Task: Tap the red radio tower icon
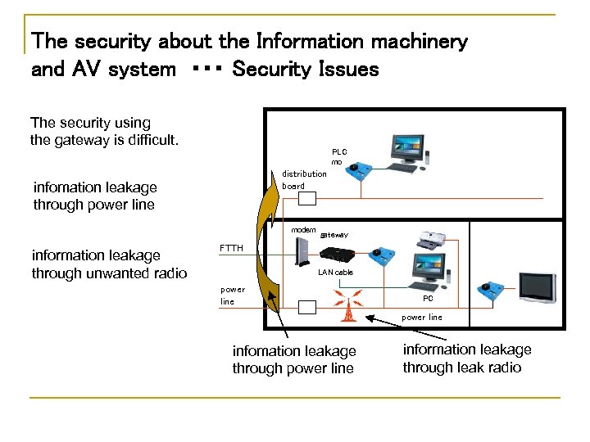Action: point(348,307)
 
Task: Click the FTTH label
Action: point(231,248)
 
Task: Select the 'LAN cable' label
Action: point(335,272)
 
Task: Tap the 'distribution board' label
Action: point(304,179)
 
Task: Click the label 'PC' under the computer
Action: point(428,300)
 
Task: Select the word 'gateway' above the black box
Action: point(334,235)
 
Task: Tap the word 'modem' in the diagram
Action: point(303,230)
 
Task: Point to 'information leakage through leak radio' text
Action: point(466,359)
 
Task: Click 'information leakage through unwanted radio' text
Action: point(109,264)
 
